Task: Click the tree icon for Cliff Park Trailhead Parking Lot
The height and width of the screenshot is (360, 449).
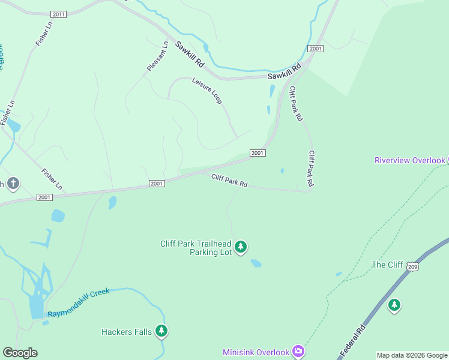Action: click(x=241, y=247)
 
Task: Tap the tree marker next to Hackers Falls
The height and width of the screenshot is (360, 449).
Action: click(x=161, y=331)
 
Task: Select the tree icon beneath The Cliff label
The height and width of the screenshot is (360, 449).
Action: click(x=394, y=305)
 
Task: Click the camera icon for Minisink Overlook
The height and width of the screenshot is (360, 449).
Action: click(x=298, y=352)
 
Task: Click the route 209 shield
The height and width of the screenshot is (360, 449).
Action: click(x=412, y=266)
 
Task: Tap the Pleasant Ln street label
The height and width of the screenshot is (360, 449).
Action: click(x=158, y=56)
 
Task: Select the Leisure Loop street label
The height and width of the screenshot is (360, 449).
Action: click(x=207, y=91)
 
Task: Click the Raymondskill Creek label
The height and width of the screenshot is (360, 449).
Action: click(x=79, y=302)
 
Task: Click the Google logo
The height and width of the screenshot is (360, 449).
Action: click(x=20, y=353)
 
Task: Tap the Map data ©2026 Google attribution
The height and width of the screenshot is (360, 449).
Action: click(x=412, y=355)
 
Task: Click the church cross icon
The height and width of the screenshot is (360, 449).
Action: click(x=13, y=184)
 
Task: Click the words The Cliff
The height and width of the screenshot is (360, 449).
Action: click(x=387, y=265)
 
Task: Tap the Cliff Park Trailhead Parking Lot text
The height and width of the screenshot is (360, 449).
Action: click(x=196, y=248)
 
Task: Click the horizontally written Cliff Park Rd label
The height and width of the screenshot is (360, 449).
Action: click(x=229, y=181)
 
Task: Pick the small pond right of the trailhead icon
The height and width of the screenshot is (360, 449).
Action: click(x=256, y=263)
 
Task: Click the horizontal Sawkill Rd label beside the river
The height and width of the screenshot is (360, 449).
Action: click(x=283, y=75)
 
